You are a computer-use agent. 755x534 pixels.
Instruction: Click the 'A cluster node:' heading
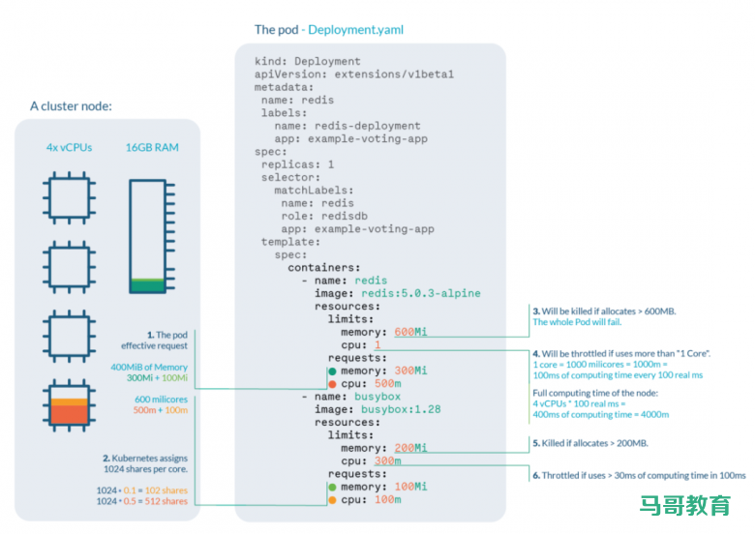click(x=71, y=105)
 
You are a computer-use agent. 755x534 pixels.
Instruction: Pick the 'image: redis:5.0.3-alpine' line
click(x=397, y=293)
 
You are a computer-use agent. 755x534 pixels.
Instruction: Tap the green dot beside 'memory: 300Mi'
click(x=332, y=371)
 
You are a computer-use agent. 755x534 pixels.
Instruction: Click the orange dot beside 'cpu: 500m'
click(x=332, y=384)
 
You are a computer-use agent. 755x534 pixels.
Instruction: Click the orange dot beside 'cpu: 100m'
click(x=332, y=500)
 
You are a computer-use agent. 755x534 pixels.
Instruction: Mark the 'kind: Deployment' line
click(x=307, y=61)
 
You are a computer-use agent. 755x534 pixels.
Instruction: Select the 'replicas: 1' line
click(x=297, y=164)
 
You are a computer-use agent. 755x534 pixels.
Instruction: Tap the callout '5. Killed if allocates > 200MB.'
click(x=589, y=443)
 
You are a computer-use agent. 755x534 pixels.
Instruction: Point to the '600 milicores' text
click(x=161, y=398)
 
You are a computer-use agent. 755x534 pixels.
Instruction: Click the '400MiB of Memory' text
click(x=149, y=367)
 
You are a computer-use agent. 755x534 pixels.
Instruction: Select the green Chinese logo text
click(x=684, y=504)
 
